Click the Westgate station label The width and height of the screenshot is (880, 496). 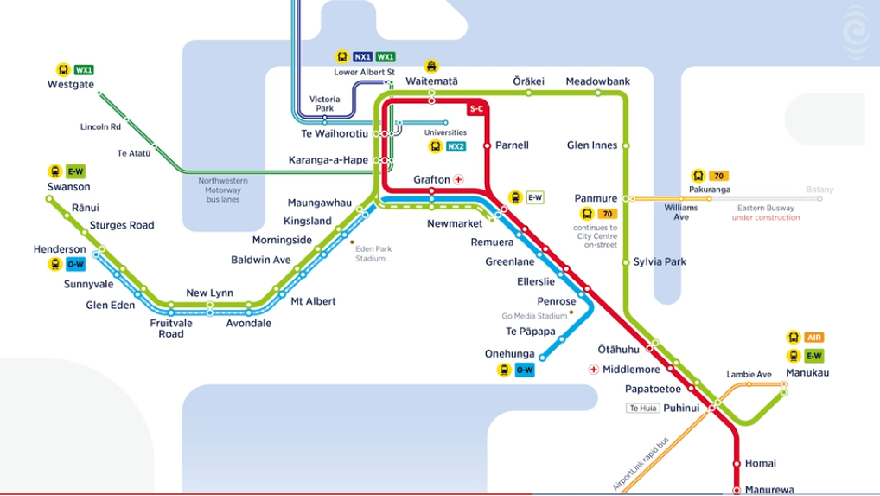click(x=69, y=85)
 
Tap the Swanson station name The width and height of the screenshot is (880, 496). click(x=69, y=186)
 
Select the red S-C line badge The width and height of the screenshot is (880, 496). click(x=476, y=109)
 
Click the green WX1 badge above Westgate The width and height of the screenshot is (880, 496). click(x=84, y=69)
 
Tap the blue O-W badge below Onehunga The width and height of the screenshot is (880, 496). click(x=525, y=370)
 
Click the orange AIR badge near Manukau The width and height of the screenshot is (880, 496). click(x=813, y=337)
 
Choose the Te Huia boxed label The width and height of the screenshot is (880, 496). click(x=644, y=408)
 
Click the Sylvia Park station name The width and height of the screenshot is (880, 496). click(x=659, y=261)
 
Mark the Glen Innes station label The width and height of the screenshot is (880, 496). click(x=592, y=145)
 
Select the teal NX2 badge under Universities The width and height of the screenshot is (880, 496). click(x=456, y=146)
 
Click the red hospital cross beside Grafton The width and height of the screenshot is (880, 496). click(x=458, y=180)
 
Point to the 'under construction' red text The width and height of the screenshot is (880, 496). click(x=766, y=217)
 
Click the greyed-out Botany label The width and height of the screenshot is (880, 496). click(x=819, y=189)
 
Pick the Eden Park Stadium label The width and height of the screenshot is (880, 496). click(x=373, y=254)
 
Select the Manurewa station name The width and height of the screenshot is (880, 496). click(x=769, y=490)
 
